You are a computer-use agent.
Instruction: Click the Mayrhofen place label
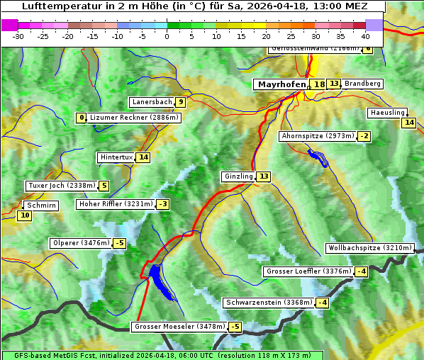[281, 84]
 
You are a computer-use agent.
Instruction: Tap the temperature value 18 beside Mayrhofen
[319, 84]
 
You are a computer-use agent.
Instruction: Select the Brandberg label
[363, 84]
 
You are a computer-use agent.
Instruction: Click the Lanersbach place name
[152, 102]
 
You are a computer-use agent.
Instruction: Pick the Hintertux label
[116, 157]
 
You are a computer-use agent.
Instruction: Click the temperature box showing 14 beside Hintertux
[144, 157]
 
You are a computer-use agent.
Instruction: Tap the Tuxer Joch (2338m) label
[61, 186]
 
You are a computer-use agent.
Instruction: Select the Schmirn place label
[41, 205]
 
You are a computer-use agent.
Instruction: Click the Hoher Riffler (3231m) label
[115, 204]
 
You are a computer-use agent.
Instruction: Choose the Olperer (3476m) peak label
[81, 243]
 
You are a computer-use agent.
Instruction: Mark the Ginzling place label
[238, 176]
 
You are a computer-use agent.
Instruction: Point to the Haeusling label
[387, 113]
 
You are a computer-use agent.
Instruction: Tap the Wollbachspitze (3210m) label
[369, 248]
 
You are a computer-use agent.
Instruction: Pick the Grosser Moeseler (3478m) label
[179, 327]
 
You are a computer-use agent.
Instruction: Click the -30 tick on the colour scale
[18, 36]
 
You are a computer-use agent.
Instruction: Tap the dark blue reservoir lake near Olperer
[157, 279]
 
